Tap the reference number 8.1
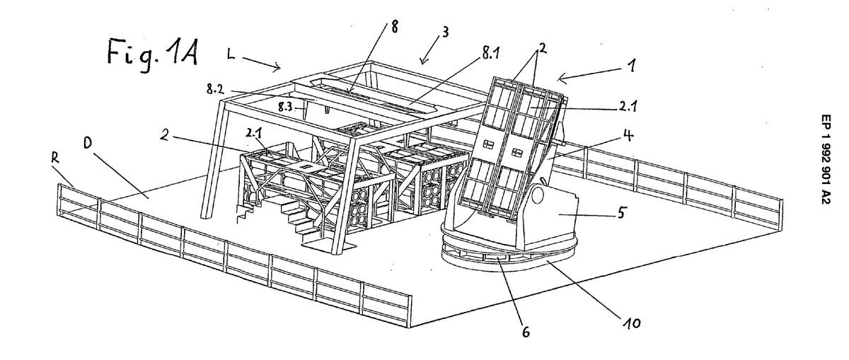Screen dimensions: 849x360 coord(490,54)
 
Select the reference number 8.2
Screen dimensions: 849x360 coord(215,89)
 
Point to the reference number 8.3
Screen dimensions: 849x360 coord(286,107)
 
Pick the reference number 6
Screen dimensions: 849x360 coord(526,332)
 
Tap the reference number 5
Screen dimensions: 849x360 coord(620,213)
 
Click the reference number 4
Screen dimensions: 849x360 coord(628,135)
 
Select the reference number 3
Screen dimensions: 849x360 coord(445,33)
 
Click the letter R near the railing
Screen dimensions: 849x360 coord(55,158)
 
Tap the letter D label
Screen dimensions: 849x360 coord(88,143)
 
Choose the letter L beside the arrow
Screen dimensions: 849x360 coord(231,55)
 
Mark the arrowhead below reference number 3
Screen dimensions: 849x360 coord(423,61)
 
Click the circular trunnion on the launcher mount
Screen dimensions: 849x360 coord(537,195)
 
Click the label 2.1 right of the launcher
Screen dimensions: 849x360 coord(628,108)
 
